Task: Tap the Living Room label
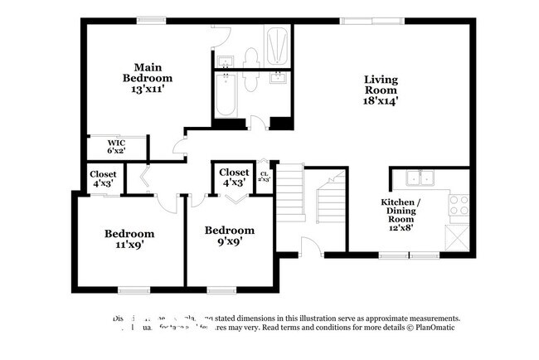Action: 381,85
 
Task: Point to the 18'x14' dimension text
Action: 381,100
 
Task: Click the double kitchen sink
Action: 419,178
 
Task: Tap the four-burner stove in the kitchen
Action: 459,204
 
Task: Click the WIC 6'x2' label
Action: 116,147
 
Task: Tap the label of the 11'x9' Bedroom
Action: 129,239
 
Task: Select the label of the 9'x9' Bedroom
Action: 230,235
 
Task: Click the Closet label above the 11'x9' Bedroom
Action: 104,178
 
